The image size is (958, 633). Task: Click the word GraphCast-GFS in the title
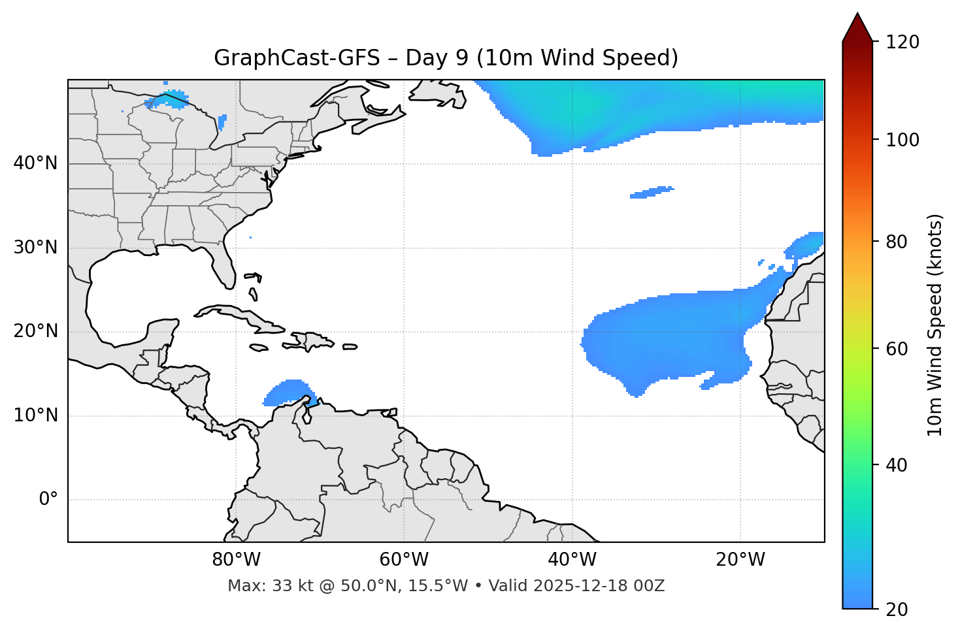(x=297, y=58)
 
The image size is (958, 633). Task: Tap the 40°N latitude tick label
(x=35, y=163)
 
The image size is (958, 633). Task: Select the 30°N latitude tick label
(x=35, y=248)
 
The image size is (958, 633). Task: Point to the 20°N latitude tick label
(x=35, y=332)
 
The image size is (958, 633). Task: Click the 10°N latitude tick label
(x=35, y=415)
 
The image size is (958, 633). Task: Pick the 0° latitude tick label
(x=48, y=500)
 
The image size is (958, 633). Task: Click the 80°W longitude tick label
(x=236, y=560)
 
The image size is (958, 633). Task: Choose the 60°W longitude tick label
(x=404, y=560)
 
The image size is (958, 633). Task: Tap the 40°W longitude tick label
(x=572, y=560)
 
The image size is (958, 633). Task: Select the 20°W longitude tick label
(x=740, y=560)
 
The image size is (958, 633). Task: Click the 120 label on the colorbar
(x=902, y=42)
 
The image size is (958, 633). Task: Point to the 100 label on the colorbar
(x=902, y=140)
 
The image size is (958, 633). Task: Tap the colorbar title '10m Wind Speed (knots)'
(x=935, y=325)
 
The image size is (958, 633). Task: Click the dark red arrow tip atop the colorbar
(x=857, y=26)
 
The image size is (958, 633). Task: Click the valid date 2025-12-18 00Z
(x=599, y=586)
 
